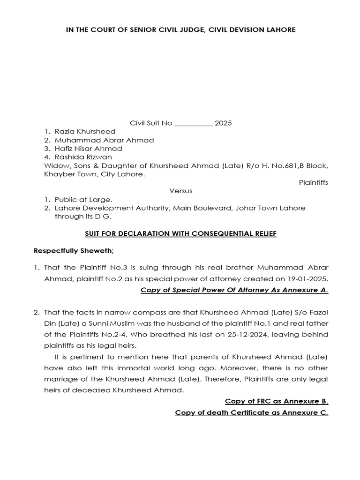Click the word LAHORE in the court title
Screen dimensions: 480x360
coord(281,30)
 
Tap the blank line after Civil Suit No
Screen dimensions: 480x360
coord(193,123)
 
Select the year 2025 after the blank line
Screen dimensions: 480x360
coord(223,123)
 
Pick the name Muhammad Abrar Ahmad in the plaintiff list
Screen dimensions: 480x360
coord(104,140)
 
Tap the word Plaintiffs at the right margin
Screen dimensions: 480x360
coord(314,183)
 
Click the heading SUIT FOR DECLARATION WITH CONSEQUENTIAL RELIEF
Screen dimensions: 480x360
coord(180,233)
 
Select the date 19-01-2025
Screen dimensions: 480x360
coord(310,277)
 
